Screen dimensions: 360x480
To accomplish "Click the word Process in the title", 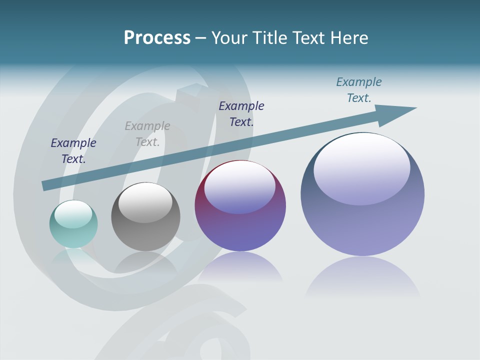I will [x=157, y=38].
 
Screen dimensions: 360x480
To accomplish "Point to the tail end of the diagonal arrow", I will [x=45, y=185].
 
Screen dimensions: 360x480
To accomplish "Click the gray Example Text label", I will [x=147, y=134].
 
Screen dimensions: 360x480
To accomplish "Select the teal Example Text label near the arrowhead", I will [x=359, y=90].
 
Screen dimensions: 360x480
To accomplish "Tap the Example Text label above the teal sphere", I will [x=73, y=150].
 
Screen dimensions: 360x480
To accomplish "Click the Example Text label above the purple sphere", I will [x=241, y=113].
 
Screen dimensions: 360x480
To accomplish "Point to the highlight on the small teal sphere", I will [x=73, y=214].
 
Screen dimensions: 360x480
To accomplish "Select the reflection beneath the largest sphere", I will [x=362, y=277].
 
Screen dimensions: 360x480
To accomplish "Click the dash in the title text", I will [x=201, y=38].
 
